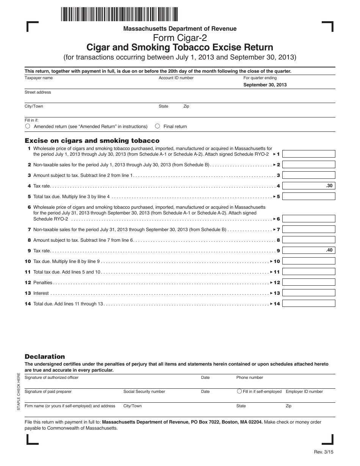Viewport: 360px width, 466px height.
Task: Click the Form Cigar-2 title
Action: (180, 38)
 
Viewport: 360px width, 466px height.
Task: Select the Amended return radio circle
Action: (28, 126)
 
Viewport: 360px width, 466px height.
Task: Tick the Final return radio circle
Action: (157, 126)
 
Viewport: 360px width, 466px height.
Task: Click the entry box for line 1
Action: (309, 154)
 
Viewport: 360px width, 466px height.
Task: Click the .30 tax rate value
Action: (329, 186)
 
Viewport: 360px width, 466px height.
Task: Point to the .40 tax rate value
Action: (329, 250)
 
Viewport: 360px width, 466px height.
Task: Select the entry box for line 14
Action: (309, 303)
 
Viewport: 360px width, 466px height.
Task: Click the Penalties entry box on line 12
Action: (309, 282)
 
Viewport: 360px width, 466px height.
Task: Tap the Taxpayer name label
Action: (39, 78)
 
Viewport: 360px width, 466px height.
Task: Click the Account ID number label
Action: (176, 78)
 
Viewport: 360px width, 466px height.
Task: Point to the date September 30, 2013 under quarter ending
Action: (265, 85)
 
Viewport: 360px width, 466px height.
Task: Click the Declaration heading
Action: (45, 357)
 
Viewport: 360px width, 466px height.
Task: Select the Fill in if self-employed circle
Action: (239, 391)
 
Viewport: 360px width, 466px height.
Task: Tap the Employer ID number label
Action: (304, 392)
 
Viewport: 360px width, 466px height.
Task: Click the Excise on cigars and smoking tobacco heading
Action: (92, 141)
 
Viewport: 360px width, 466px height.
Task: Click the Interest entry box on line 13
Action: (309, 293)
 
